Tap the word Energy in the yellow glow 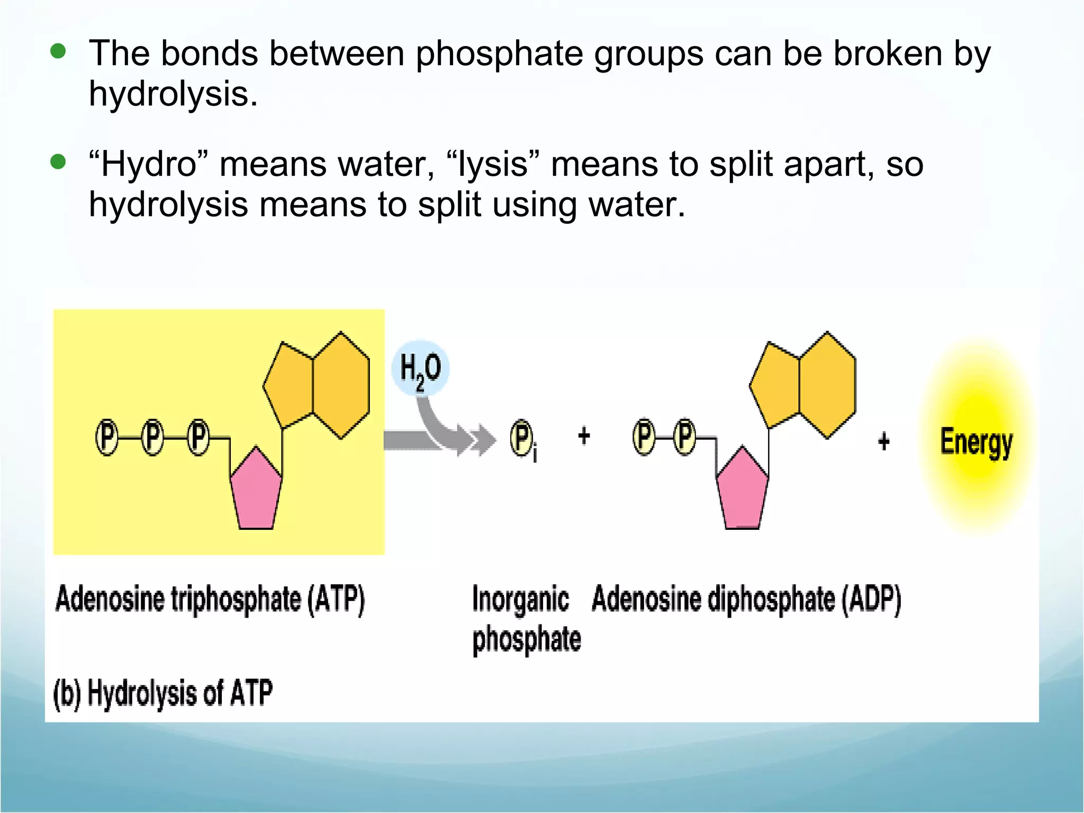coord(976,442)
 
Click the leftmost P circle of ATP coord(107,438)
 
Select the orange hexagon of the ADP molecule coord(827,385)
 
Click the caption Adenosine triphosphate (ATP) coord(210,600)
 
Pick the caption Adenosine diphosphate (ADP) coord(746,600)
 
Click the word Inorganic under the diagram coord(520,600)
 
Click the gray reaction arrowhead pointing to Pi coord(483,440)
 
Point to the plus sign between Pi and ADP coord(584,437)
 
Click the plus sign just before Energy coord(883,441)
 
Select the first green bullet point coord(58,51)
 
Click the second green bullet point coord(58,161)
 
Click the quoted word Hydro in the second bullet coord(149,164)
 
